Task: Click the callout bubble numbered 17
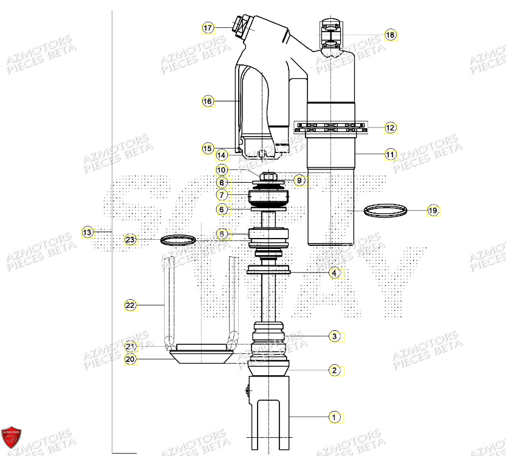coord(208,29)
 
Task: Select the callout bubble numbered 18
coord(390,35)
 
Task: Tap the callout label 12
coord(390,128)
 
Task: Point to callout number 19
coord(432,211)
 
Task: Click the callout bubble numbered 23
coord(130,240)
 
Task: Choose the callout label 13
coord(88,232)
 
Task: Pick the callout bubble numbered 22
coord(130,305)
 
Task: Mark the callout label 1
coord(333,417)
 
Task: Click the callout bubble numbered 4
coord(334,274)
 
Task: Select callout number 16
coord(208,101)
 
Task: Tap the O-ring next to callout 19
coord(385,211)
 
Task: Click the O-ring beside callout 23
coord(179,240)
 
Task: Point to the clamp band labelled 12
coord(331,128)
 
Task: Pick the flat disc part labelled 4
coord(269,270)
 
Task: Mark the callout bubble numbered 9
coord(299,180)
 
